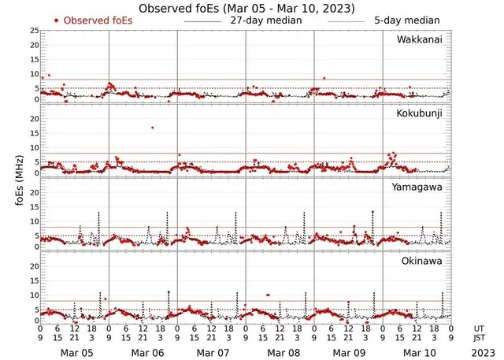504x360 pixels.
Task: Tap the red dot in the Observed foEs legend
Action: [56, 20]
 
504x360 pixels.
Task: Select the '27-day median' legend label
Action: [267, 20]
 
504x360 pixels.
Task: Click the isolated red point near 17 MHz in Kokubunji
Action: [152, 128]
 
